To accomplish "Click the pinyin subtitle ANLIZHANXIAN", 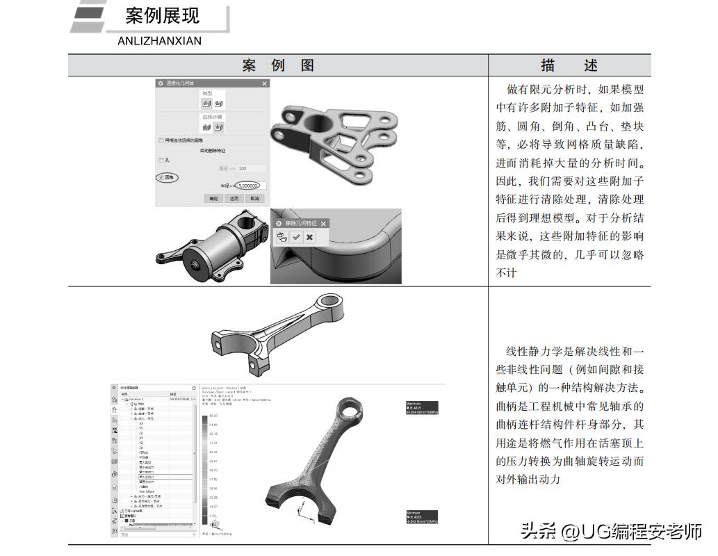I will pyautogui.click(x=159, y=41).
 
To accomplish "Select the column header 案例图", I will pyautogui.click(x=278, y=65).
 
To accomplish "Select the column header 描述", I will pyautogui.click(x=569, y=65).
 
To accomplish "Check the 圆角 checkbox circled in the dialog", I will pyautogui.click(x=161, y=178).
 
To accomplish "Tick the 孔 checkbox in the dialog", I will pyautogui.click(x=161, y=160).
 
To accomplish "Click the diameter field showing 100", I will pyautogui.click(x=250, y=168).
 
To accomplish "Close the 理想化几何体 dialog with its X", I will pyautogui.click(x=264, y=83).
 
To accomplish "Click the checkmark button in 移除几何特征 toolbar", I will pyautogui.click(x=296, y=237).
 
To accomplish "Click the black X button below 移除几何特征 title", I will pyautogui.click(x=309, y=237).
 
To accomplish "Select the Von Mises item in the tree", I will pyautogui.click(x=146, y=491).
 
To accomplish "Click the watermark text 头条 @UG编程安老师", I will pyautogui.click(x=611, y=532).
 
